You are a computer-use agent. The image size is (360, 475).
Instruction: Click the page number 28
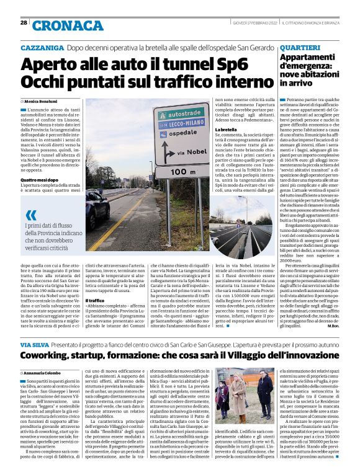coord(23,22)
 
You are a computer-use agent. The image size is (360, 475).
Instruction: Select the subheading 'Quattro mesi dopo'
coord(39,180)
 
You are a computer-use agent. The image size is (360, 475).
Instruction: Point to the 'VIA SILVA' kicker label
coord(34,344)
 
